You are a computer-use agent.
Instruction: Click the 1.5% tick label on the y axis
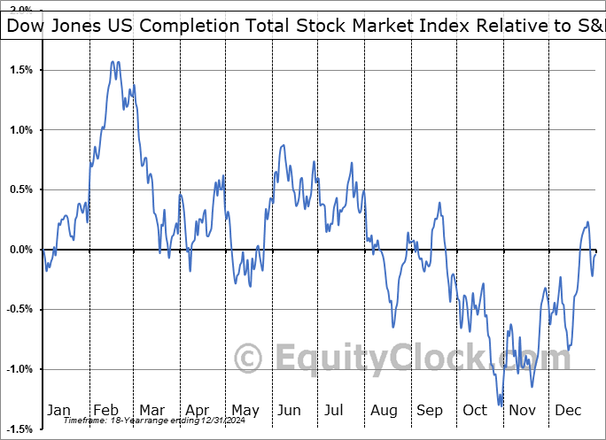point(20,70)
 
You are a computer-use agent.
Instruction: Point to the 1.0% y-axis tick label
point(20,130)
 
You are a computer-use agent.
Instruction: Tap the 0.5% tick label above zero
point(20,189)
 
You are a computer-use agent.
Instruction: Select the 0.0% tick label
point(20,250)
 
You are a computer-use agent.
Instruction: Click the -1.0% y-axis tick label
point(19,369)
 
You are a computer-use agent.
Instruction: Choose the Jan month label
point(58,410)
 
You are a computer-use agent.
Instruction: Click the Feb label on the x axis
point(105,410)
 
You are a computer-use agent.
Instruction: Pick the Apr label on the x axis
point(197,410)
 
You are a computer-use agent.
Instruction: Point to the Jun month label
point(290,410)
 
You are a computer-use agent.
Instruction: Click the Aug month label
point(384,410)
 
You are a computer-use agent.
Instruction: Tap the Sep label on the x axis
point(430,410)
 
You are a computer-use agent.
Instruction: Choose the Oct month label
point(475,410)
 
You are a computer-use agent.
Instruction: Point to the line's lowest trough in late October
point(501,405)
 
